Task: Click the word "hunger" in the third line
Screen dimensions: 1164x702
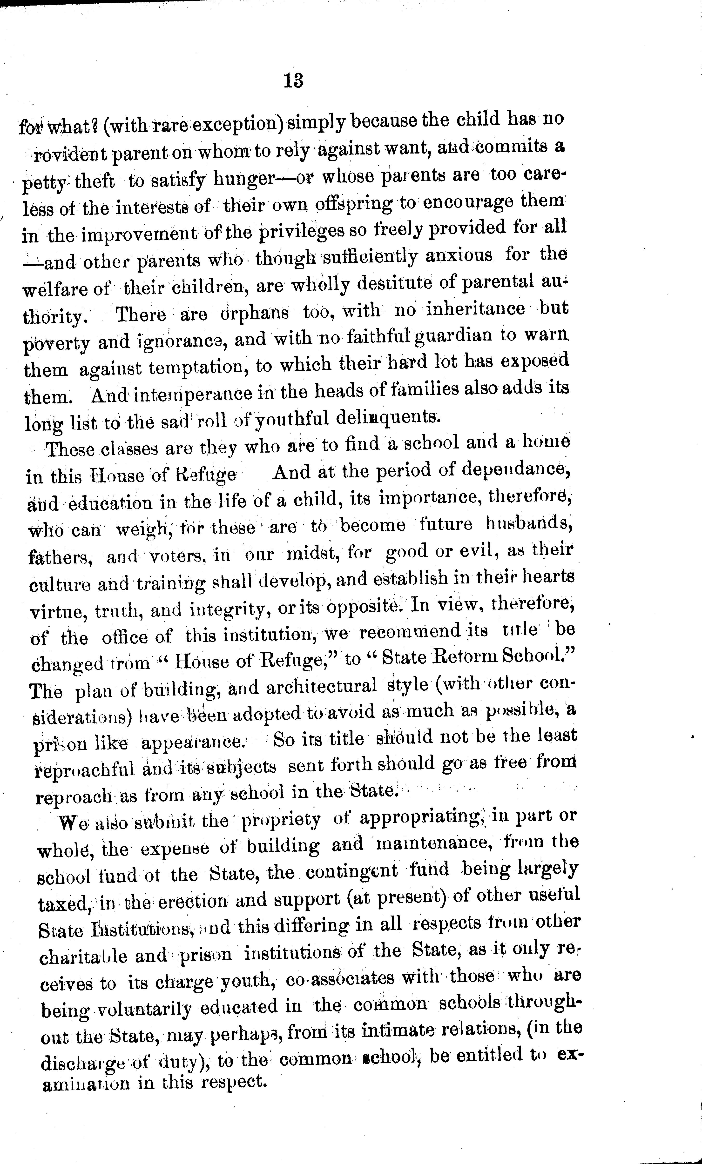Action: click(x=244, y=179)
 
